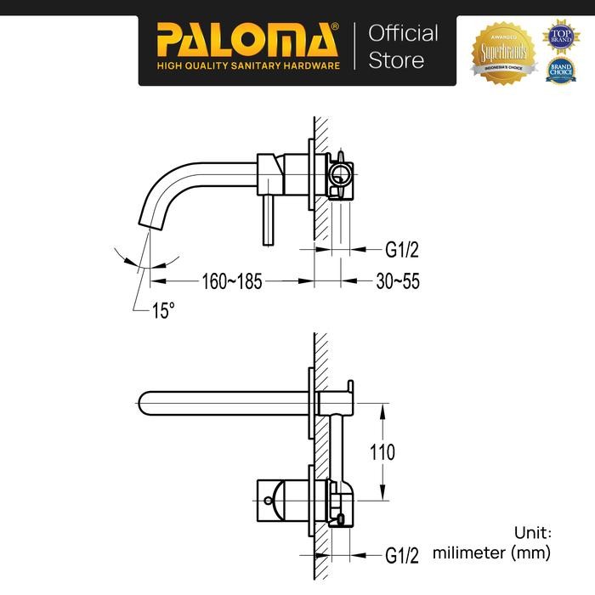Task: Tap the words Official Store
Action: coord(402,46)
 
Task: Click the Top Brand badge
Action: coord(560,34)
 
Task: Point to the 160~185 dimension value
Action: coord(231,280)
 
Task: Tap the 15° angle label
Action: coord(163,311)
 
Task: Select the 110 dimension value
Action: coord(382,452)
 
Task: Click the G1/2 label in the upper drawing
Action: coord(403,251)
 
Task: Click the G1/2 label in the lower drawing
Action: coord(403,556)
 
